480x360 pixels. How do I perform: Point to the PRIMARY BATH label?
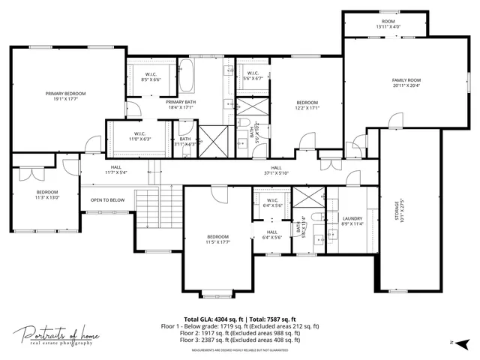point(181,102)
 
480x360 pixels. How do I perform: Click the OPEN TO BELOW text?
point(107,200)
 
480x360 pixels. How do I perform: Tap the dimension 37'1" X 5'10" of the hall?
point(276,172)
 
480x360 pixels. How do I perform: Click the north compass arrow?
point(445,342)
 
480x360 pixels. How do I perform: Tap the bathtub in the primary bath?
point(188,76)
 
